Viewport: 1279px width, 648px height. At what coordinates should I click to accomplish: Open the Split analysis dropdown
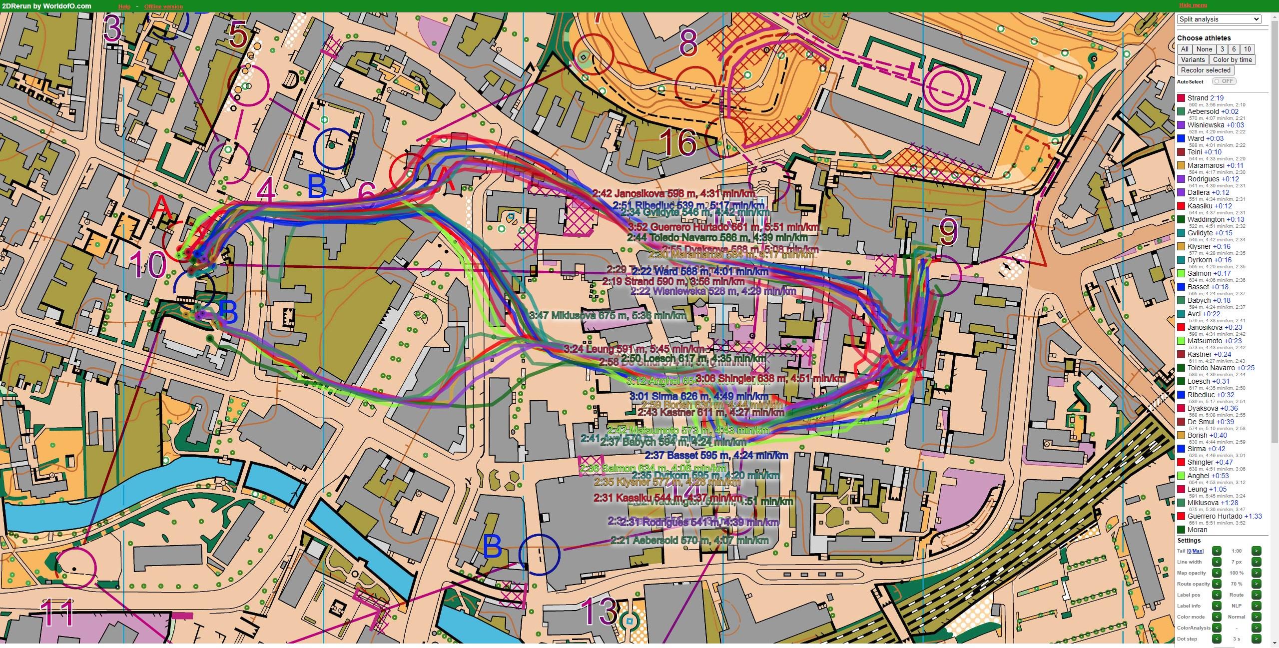click(1219, 19)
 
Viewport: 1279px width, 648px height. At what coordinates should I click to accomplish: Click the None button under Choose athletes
click(1204, 49)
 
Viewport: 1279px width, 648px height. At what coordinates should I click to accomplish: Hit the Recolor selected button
click(1206, 70)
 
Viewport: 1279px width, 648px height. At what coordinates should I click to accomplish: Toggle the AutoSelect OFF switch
click(1224, 81)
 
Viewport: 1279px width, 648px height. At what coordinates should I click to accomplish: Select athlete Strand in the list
click(1198, 98)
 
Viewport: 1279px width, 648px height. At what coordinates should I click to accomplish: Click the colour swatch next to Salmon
click(1181, 274)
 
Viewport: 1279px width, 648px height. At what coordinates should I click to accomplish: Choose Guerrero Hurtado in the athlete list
click(1215, 516)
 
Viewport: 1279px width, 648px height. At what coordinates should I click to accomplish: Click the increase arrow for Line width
click(1256, 562)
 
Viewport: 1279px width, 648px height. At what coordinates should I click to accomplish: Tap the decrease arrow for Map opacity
click(1217, 573)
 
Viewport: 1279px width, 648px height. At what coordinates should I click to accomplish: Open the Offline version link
click(163, 6)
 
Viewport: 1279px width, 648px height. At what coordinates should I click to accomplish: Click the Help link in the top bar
click(124, 6)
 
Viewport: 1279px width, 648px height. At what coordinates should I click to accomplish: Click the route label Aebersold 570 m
click(689, 541)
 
